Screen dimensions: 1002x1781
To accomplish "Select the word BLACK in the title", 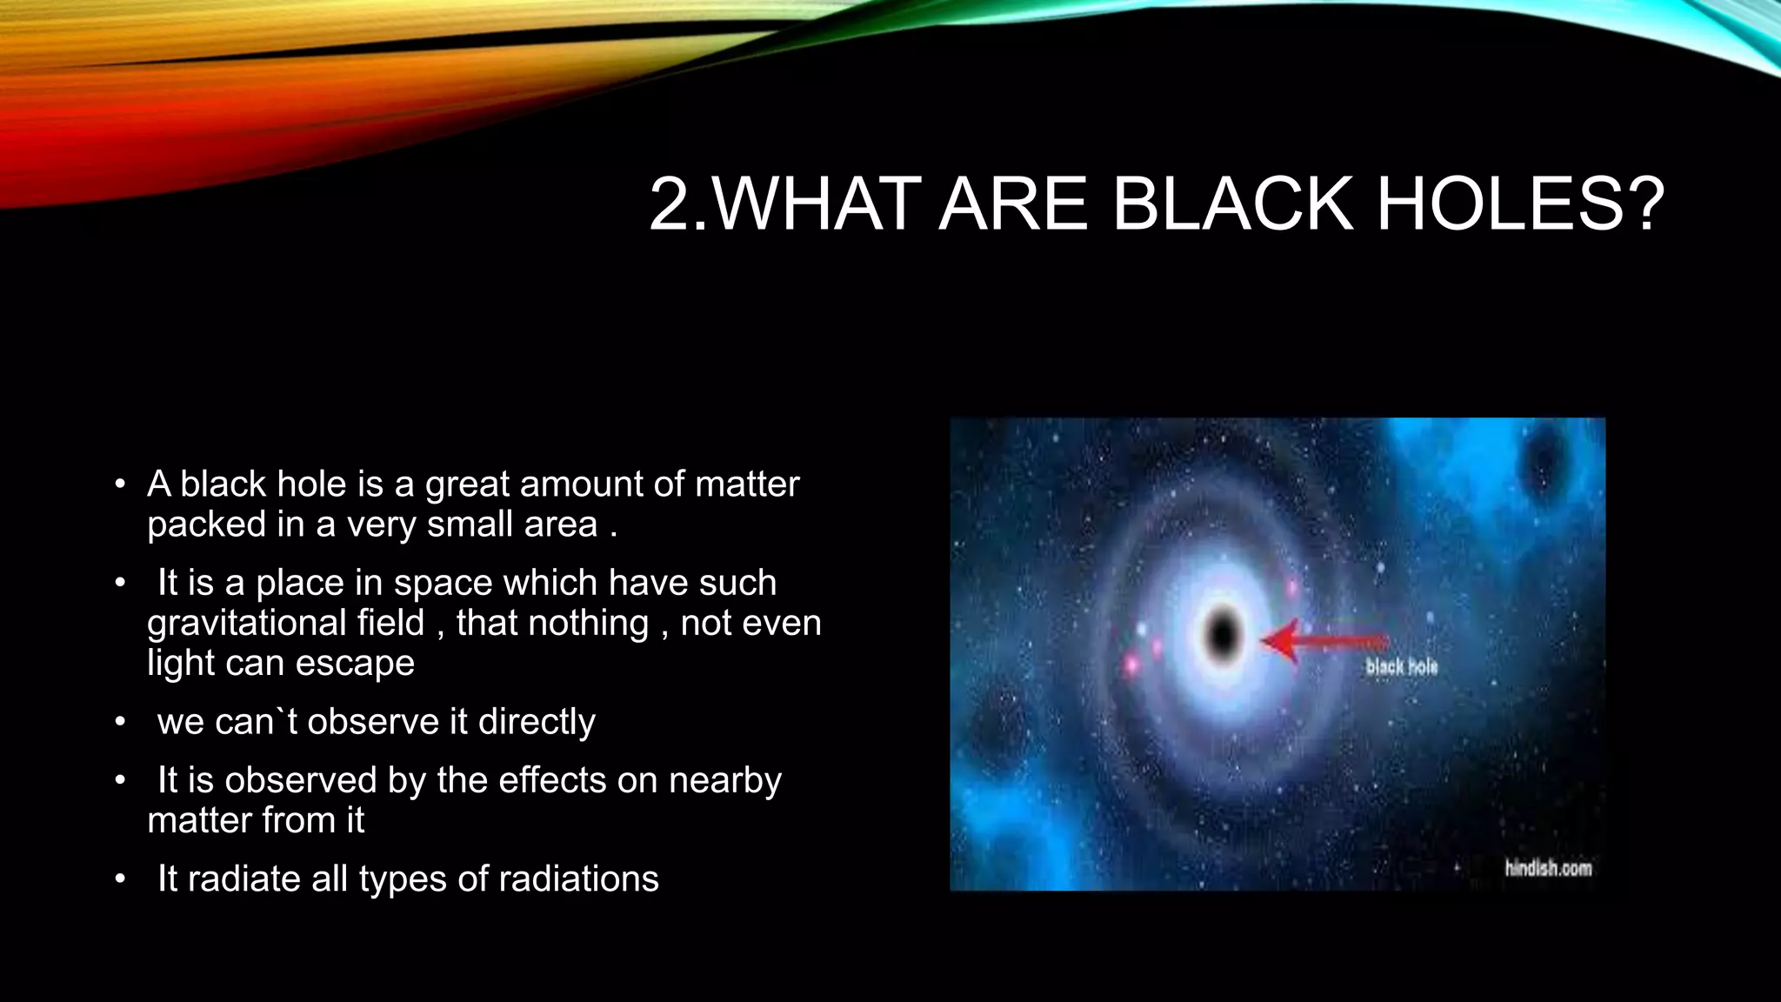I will click(1232, 204).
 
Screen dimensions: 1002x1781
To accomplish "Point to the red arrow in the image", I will click(1322, 642).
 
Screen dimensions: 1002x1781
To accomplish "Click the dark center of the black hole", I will click(1223, 636).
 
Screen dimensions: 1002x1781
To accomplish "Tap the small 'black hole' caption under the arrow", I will click(1402, 667).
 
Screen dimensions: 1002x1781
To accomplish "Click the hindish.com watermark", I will click(1548, 868).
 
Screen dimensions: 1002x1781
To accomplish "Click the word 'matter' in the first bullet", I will click(747, 484).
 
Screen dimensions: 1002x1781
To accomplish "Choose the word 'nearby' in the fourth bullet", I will click(724, 781).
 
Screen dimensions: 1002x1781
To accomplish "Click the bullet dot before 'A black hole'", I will click(121, 484).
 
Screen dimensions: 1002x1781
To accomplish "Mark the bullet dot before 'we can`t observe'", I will click(121, 722).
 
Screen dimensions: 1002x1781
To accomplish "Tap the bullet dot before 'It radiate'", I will click(121, 879).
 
